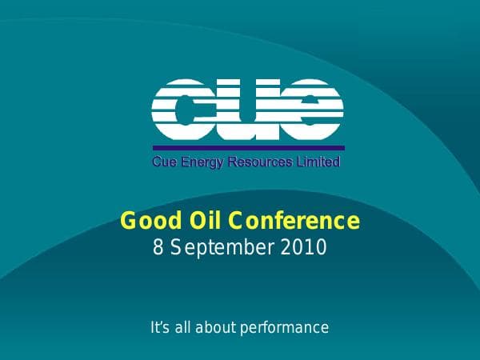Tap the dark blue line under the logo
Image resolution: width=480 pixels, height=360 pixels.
(x=248, y=148)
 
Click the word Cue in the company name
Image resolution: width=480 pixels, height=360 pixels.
(x=164, y=163)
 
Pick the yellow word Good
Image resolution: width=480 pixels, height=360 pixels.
(x=146, y=220)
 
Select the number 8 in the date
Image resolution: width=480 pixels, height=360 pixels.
(x=158, y=247)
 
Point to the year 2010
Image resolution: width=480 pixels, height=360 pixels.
(x=305, y=247)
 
